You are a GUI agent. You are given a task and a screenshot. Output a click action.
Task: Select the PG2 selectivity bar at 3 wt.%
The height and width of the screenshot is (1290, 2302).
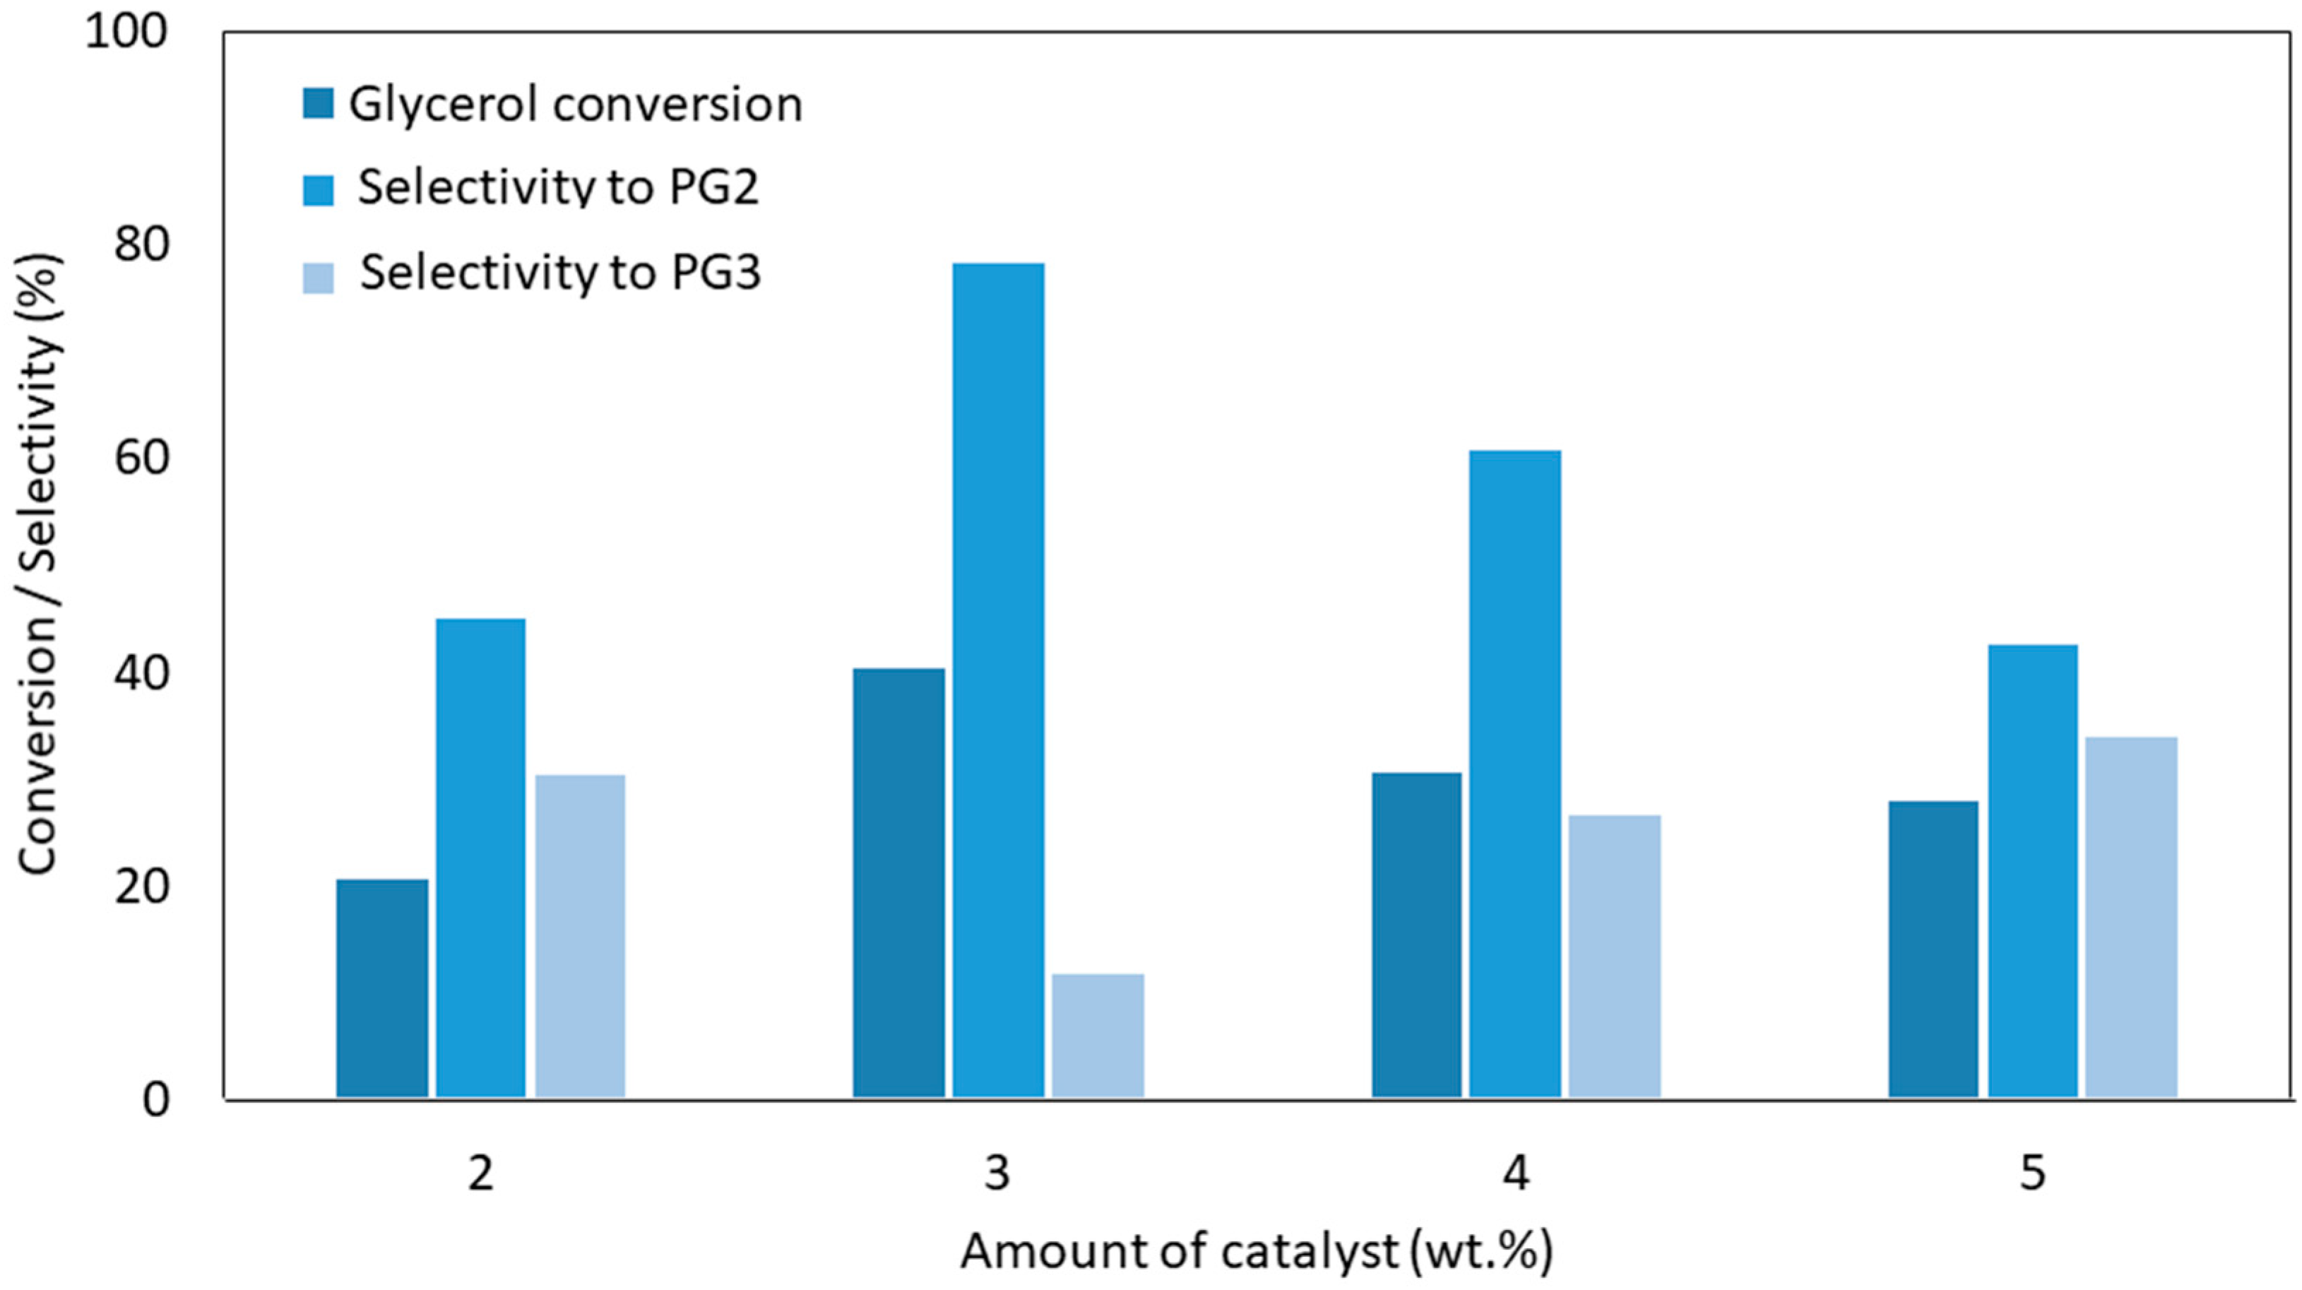998,680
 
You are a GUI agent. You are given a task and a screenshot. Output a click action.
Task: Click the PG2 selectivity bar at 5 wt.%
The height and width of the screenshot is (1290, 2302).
2033,871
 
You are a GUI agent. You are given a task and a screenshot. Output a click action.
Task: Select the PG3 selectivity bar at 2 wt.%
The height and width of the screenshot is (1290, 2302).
580,935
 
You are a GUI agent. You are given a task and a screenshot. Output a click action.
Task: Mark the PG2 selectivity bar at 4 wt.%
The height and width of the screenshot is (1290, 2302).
1516,774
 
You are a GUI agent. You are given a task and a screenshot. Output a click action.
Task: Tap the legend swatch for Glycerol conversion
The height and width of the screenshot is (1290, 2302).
318,104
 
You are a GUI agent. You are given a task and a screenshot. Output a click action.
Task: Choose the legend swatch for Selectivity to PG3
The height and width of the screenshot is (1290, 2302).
318,278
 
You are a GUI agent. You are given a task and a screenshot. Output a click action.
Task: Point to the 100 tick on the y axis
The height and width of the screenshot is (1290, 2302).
126,32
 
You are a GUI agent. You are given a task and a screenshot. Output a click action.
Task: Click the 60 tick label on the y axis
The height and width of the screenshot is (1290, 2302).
141,458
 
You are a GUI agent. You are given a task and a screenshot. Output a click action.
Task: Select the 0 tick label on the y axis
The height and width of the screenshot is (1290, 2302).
155,1099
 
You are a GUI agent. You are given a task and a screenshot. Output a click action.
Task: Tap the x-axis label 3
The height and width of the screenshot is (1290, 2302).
997,1173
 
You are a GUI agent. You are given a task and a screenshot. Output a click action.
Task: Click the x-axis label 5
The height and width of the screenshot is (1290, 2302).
2032,1173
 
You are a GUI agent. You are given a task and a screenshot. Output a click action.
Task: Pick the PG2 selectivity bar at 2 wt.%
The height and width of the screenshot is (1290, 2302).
481,858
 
